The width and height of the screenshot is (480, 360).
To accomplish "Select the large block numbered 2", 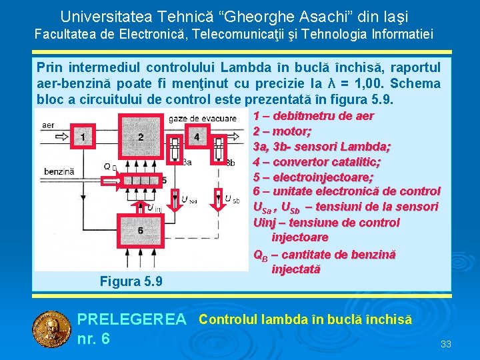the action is click(140, 137).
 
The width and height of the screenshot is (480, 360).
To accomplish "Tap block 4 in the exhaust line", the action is click(196, 137).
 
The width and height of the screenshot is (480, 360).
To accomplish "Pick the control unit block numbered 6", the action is click(140, 230).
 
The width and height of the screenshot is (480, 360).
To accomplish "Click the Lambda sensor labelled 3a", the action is click(175, 148).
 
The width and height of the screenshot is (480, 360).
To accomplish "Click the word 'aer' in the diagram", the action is click(48, 125).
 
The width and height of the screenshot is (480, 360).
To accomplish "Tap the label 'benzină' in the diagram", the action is click(59, 171).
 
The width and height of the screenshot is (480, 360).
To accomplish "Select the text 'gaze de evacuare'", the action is click(203, 118).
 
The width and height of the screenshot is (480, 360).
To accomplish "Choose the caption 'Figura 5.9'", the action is click(131, 281).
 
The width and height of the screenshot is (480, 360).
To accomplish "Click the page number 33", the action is click(446, 344).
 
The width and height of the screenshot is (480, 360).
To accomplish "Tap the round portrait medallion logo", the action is click(52, 329).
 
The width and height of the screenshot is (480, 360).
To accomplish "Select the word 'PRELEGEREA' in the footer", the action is click(132, 320).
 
